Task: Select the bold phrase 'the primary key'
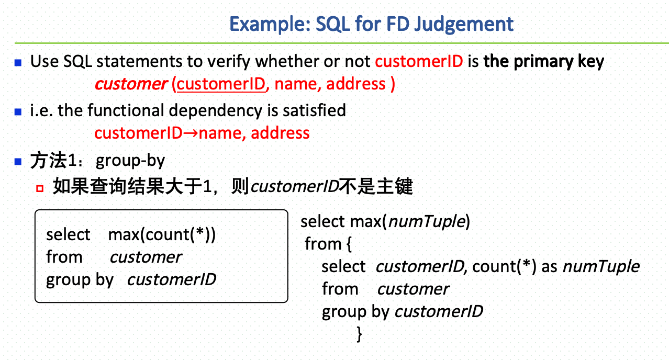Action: point(544,61)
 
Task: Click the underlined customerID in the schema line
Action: point(221,84)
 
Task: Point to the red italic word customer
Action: point(131,84)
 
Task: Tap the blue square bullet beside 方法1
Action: point(18,161)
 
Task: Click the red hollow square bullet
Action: point(39,187)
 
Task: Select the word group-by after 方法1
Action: point(130,161)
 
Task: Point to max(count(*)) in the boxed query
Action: point(162,234)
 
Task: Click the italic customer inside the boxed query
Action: point(146,257)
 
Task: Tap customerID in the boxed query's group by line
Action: point(171,279)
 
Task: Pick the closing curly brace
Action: point(359,333)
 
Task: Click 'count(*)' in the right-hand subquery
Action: point(504,266)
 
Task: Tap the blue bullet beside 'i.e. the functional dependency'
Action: point(18,111)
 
